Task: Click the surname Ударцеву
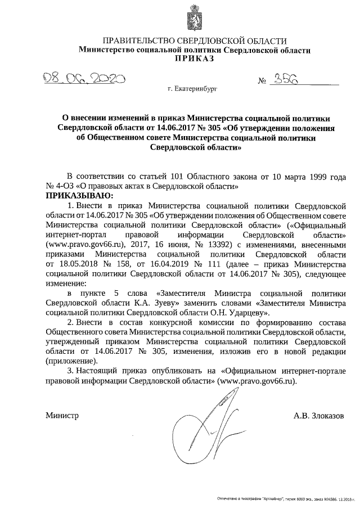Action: point(246,313)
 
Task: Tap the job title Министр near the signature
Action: point(62,416)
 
